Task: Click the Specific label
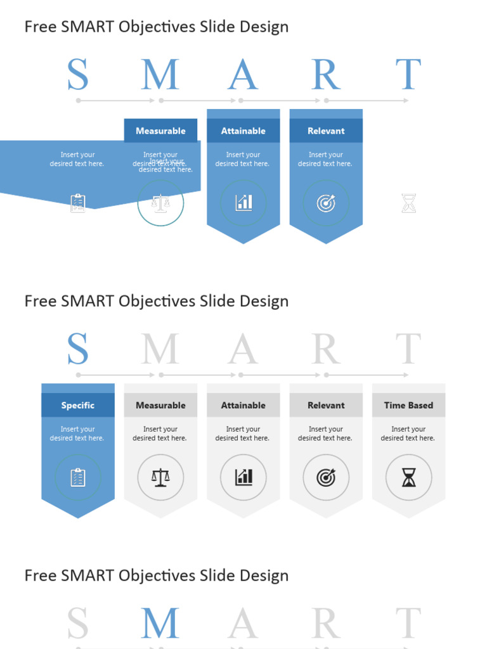pyautogui.click(x=78, y=406)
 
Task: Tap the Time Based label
pyautogui.click(x=408, y=406)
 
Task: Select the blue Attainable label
pyautogui.click(x=243, y=131)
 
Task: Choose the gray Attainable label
pyautogui.click(x=243, y=406)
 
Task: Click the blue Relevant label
pyautogui.click(x=326, y=131)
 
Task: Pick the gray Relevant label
pyautogui.click(x=326, y=406)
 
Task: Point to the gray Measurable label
pyautogui.click(x=160, y=406)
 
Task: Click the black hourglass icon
pyautogui.click(x=408, y=477)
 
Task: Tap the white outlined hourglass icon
pyautogui.click(x=408, y=203)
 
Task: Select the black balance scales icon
pyautogui.click(x=160, y=477)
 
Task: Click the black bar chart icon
pyautogui.click(x=243, y=477)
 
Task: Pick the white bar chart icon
pyautogui.click(x=243, y=203)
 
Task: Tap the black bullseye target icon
pyautogui.click(x=326, y=477)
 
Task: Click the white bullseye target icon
pyautogui.click(x=326, y=203)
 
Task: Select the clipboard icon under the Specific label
pyautogui.click(x=78, y=477)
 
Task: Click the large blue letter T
pyautogui.click(x=408, y=75)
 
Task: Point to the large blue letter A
pyautogui.click(x=243, y=75)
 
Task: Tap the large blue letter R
pyautogui.click(x=326, y=75)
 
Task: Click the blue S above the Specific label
pyautogui.click(x=78, y=349)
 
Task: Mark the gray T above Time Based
pyautogui.click(x=408, y=349)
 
